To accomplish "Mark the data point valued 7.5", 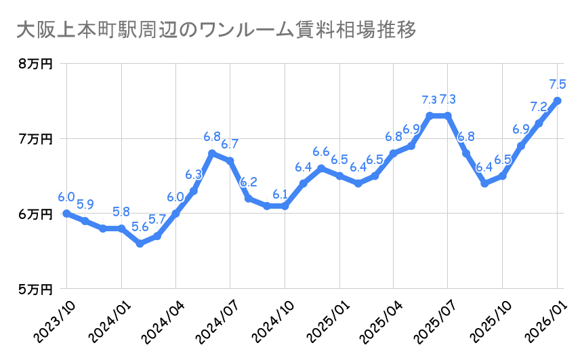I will [x=558, y=101].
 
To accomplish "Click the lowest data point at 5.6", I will [x=140, y=243].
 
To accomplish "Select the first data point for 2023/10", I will [x=66, y=214].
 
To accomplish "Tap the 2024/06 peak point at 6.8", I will [x=212, y=153].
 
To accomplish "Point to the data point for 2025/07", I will [x=448, y=115].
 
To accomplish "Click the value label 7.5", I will [x=558, y=85].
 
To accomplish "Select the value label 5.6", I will [x=140, y=228].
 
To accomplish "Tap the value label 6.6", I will [x=321, y=151].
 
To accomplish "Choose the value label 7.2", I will [x=539, y=107].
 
